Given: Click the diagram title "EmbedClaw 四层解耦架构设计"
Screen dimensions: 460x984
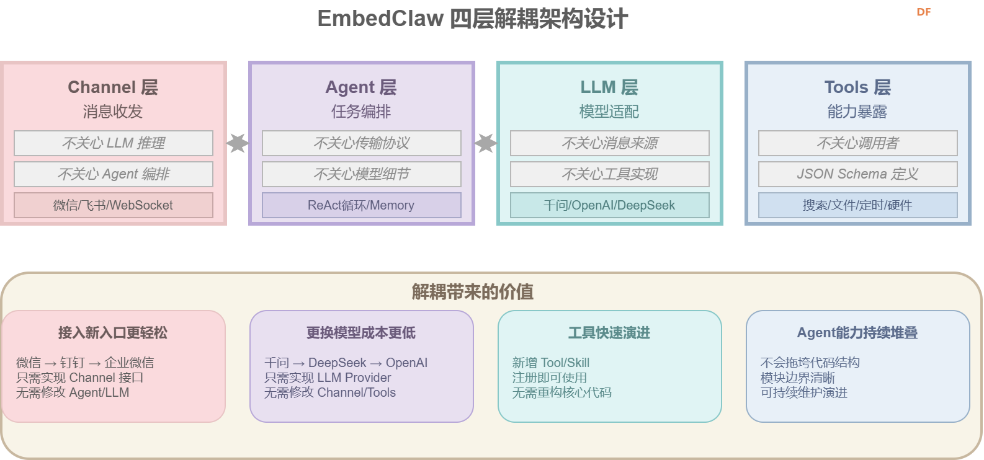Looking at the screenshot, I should pos(472,19).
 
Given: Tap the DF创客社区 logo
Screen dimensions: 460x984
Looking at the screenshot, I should pos(931,15).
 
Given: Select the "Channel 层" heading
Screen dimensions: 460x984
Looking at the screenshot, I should pos(113,87).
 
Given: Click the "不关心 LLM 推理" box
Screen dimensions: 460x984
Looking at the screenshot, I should pos(114,143).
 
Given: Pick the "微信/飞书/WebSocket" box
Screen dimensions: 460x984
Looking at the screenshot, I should pos(114,205).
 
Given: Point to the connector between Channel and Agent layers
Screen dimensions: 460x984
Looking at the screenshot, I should pos(238,143).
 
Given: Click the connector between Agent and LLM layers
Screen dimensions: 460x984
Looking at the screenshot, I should pos(486,143).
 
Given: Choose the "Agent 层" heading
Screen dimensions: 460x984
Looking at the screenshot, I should pos(361,87).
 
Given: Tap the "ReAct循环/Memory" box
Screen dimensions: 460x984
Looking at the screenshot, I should pos(361,205).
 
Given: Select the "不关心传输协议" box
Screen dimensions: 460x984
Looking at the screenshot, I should pos(361,143).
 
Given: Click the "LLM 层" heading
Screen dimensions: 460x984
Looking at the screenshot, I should pos(609,87).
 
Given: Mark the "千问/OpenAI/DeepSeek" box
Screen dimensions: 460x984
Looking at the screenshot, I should pos(609,205).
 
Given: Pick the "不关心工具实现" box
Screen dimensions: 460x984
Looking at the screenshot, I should pos(609,174).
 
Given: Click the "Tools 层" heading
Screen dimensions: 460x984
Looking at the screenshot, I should pos(857,87).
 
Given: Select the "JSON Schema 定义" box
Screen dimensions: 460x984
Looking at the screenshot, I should pos(857,174).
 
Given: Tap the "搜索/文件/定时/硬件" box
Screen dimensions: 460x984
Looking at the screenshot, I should pos(857,205).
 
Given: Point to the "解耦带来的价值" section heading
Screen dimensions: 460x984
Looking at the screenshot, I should pos(473,291).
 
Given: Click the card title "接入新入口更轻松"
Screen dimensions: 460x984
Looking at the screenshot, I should pos(113,333).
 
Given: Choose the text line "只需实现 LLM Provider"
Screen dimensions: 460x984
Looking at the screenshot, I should pos(328,378).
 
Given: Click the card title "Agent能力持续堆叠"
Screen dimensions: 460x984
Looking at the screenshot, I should pos(857,333).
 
